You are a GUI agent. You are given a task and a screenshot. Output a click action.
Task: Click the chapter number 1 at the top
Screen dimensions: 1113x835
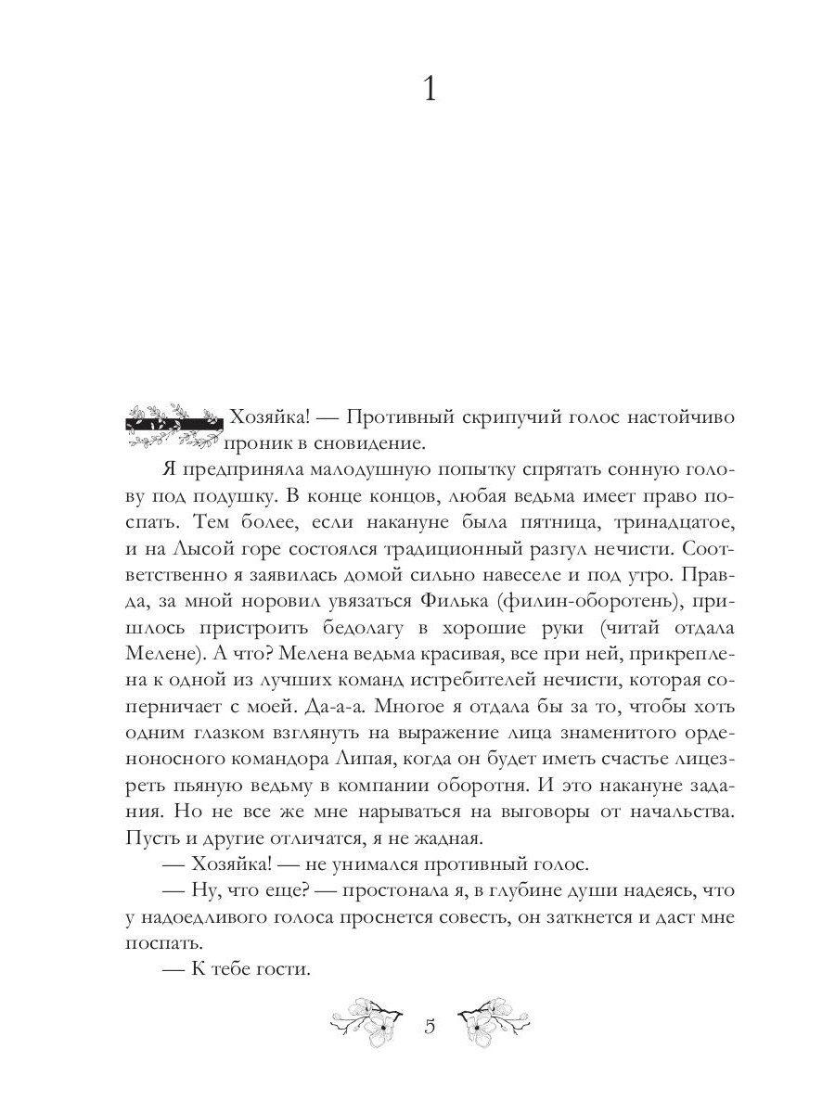[429, 90]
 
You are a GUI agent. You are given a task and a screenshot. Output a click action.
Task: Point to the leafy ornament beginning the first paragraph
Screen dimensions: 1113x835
[173, 426]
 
